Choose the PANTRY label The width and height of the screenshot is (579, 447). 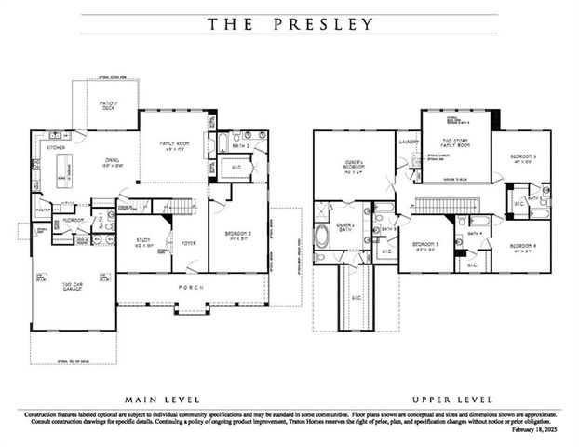coord(42,211)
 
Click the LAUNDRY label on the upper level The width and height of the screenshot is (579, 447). coord(409,142)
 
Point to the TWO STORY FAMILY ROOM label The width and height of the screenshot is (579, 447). coord(455,144)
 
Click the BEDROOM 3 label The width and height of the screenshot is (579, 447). coord(428,247)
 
